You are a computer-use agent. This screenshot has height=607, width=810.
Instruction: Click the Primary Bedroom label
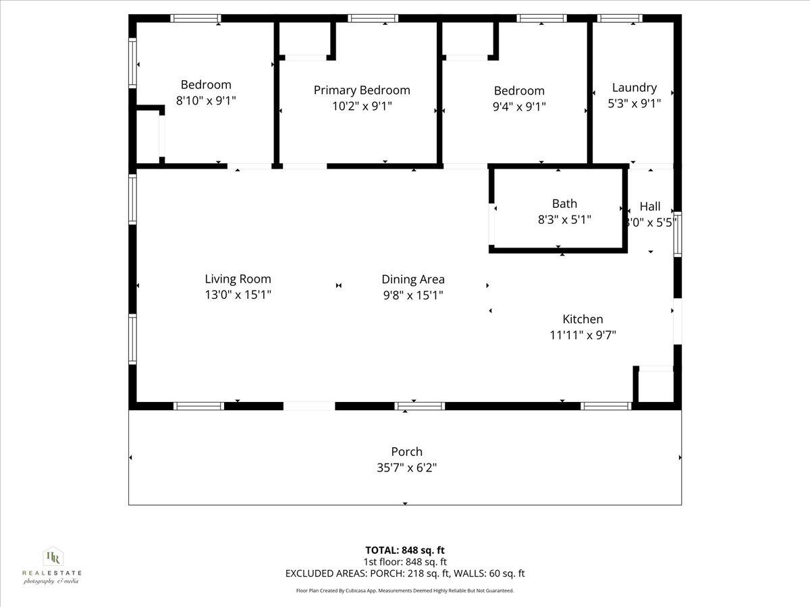tap(362, 90)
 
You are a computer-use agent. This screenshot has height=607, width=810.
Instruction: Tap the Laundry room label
tap(634, 88)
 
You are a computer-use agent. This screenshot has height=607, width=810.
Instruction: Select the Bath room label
tap(564, 204)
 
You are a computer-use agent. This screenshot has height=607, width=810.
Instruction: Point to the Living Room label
tap(238, 279)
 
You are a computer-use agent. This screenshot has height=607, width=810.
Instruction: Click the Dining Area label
tap(413, 279)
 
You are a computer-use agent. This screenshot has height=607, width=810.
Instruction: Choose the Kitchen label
tap(583, 320)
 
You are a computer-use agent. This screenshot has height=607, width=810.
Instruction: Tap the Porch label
tap(406, 452)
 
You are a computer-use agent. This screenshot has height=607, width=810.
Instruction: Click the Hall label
tap(650, 207)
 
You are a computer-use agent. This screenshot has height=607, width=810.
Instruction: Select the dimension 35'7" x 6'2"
tap(406, 467)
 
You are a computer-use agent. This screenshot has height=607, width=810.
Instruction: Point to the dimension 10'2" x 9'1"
tap(362, 106)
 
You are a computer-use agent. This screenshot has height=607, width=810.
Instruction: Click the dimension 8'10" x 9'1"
tap(206, 100)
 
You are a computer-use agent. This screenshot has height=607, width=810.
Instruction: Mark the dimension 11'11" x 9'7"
tap(583, 335)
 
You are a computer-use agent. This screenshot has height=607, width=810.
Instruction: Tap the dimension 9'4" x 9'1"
tap(519, 107)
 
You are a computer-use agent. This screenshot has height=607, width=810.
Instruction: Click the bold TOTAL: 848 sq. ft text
tap(405, 550)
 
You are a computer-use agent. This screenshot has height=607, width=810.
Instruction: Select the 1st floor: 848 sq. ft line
tap(405, 562)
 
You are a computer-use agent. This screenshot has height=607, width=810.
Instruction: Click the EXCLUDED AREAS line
tap(405, 574)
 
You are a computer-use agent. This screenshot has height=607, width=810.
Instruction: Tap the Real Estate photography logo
tap(52, 565)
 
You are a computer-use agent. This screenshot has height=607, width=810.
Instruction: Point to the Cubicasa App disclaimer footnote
tap(405, 591)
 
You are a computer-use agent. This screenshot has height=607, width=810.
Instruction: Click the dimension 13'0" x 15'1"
tap(238, 295)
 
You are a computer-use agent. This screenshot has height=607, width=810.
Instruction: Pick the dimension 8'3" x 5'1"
tap(564, 219)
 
